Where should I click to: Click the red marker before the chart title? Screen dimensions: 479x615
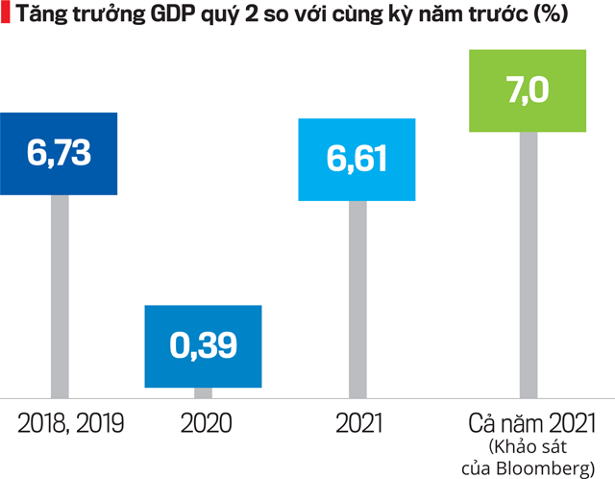[5, 15]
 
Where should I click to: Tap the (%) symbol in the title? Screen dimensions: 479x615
[547, 15]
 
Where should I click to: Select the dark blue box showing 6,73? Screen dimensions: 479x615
[59, 153]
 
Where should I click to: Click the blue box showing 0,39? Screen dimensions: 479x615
[203, 346]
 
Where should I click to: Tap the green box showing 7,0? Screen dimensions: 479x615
[526, 91]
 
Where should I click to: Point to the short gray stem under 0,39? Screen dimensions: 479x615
[203, 392]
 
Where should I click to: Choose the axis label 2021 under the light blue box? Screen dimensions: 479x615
[358, 423]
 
